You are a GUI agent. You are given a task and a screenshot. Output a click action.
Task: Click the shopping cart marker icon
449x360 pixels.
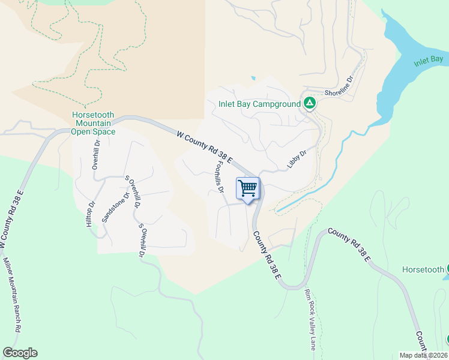click(x=249, y=189)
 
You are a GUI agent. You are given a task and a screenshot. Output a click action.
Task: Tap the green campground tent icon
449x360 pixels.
click(x=309, y=103)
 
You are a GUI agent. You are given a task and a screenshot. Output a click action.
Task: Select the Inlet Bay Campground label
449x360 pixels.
click(x=259, y=104)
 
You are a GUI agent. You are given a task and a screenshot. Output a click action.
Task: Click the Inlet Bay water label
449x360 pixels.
click(x=428, y=60)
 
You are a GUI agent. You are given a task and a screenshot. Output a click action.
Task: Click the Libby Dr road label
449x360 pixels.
click(x=297, y=160)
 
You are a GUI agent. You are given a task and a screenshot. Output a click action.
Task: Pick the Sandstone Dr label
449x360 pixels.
click(x=116, y=207)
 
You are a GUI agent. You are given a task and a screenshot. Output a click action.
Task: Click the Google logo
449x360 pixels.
click(x=20, y=353)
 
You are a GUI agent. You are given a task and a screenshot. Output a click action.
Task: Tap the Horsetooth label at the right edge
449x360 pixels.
click(x=423, y=270)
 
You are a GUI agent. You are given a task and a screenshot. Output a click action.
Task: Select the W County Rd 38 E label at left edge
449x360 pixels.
click(x=12, y=219)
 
